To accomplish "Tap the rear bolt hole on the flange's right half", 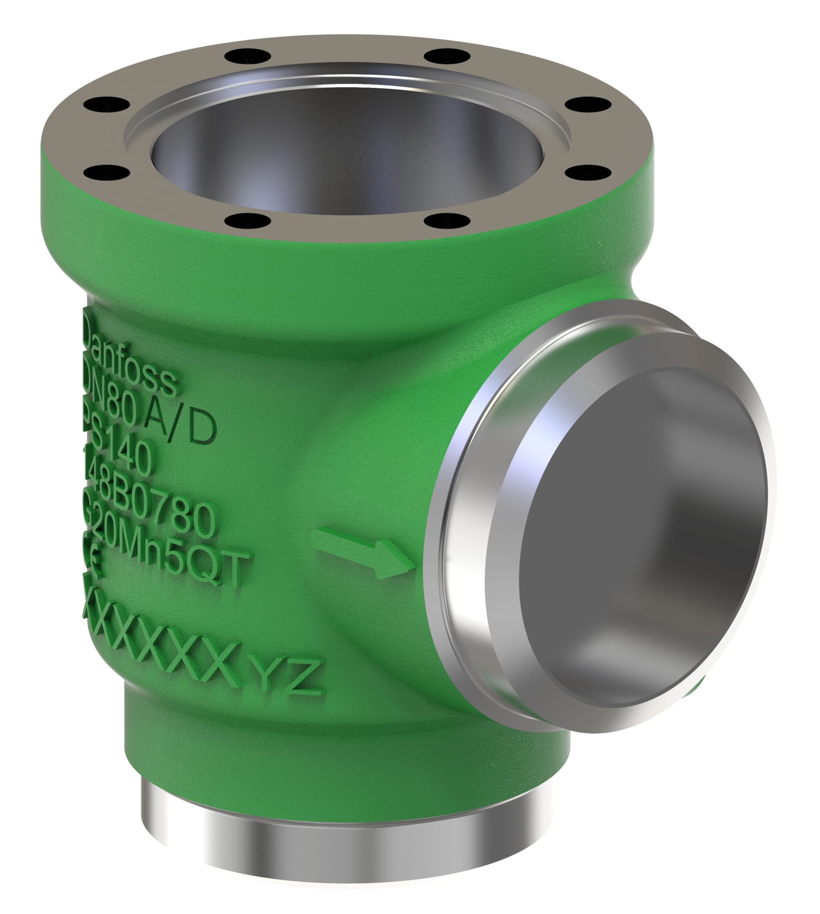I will [x=434, y=55].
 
